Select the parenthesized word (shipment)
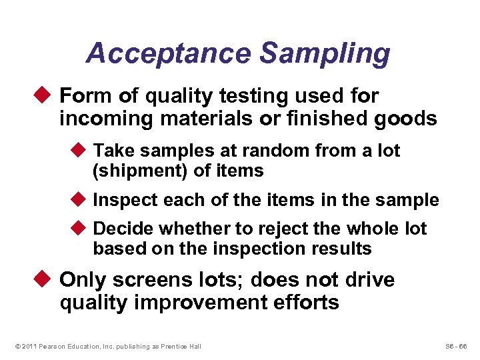140,171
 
